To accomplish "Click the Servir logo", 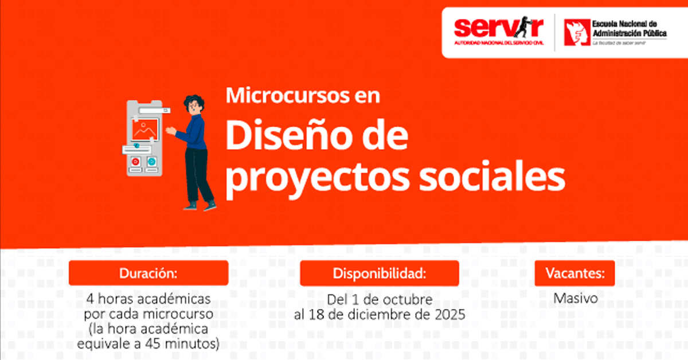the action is coord(499,31).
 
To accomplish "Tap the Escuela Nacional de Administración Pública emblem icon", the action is coord(577,32).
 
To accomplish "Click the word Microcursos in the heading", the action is coord(288,95).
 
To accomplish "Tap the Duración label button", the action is coord(148,273).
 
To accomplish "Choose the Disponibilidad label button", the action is coord(380,273).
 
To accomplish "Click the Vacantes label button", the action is coord(574,273).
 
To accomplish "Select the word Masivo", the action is coord(576,298).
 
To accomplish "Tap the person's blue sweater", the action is coord(194,132).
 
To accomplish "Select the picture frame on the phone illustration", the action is coord(145,130).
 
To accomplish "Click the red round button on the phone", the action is coord(135,162).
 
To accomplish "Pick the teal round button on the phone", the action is coord(151,161).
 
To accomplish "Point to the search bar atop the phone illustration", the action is coord(154,110).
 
